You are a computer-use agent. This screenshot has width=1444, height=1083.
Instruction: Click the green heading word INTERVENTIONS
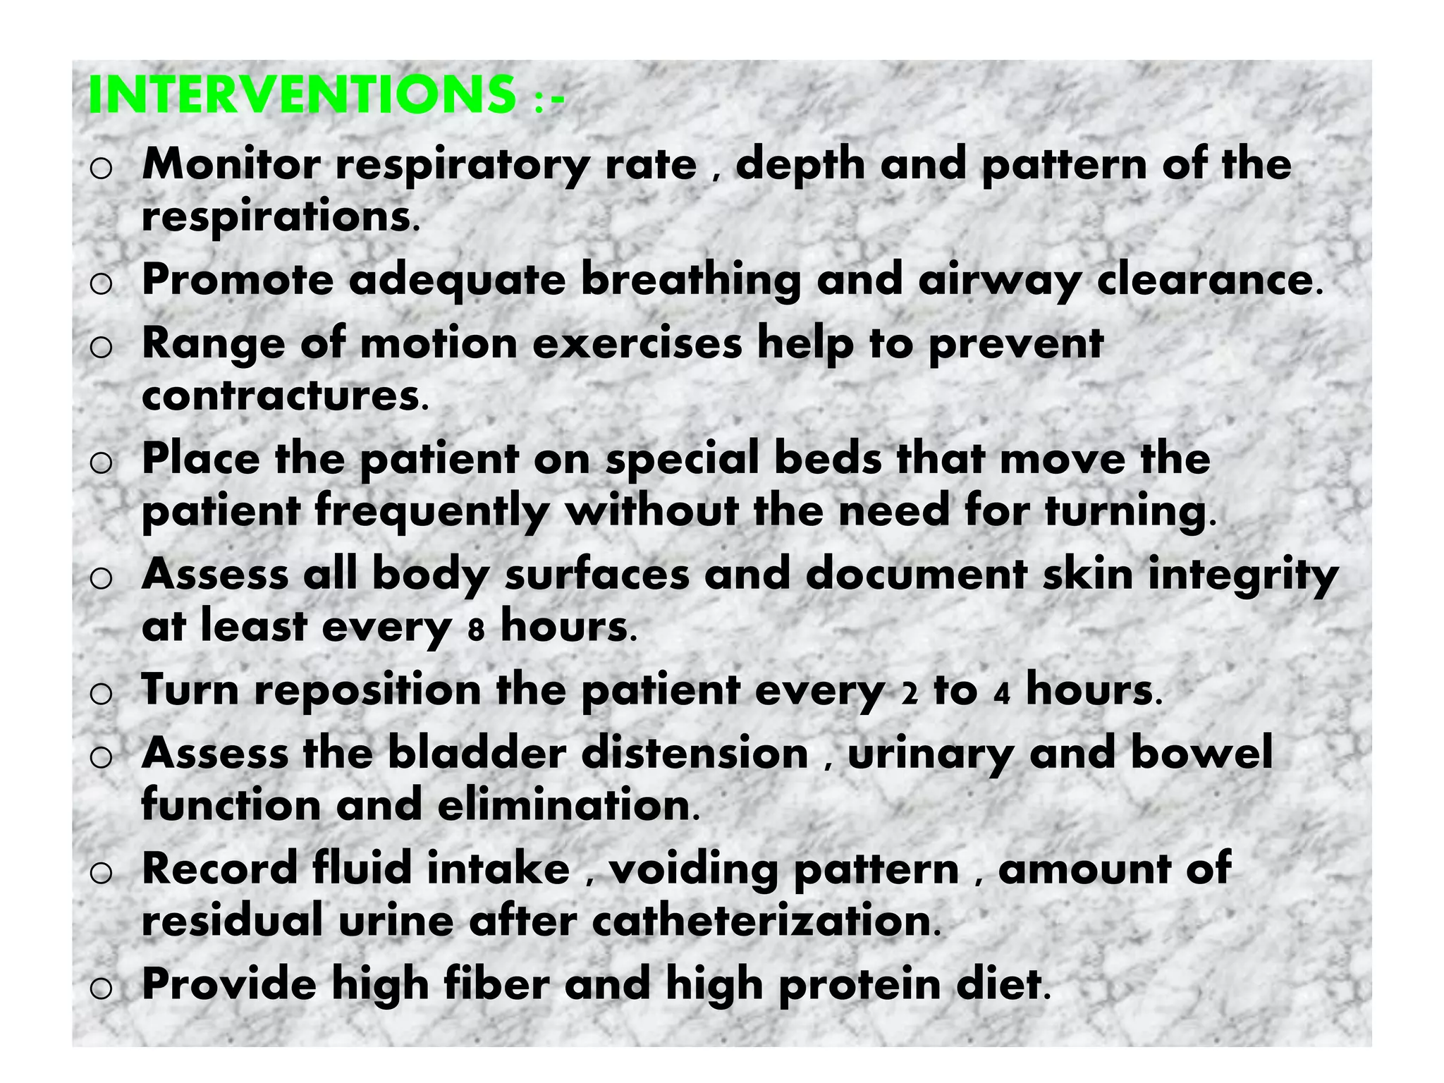pos(302,94)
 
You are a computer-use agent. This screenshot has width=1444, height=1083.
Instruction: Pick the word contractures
pos(281,396)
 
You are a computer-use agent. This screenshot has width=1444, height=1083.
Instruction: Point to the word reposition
pos(367,691)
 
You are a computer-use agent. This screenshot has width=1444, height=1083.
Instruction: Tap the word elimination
pos(564,806)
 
